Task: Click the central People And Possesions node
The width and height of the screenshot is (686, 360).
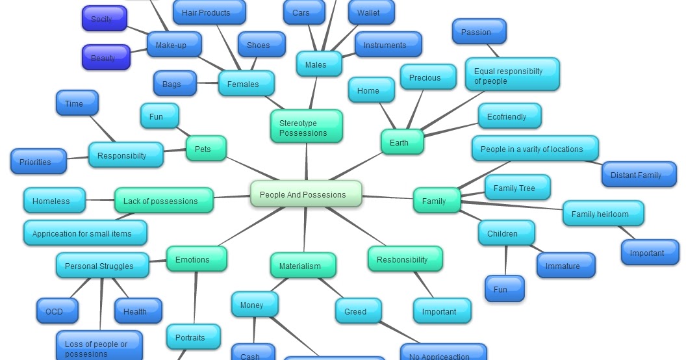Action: coord(306,194)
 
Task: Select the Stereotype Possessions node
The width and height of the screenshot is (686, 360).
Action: coord(306,127)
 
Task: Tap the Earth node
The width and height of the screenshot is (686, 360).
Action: coord(402,142)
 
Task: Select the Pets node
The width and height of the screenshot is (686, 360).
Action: coord(206,149)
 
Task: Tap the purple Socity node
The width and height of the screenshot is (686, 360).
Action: coord(105,19)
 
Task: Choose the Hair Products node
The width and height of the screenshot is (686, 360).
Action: coord(209,12)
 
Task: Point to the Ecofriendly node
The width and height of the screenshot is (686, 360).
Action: coord(509,116)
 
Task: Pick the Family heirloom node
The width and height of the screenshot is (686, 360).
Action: coord(603,214)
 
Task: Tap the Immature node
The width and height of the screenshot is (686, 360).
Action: coord(566,266)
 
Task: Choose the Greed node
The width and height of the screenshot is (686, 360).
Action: coord(358,311)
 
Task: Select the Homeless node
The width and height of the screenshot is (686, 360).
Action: coord(54,201)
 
